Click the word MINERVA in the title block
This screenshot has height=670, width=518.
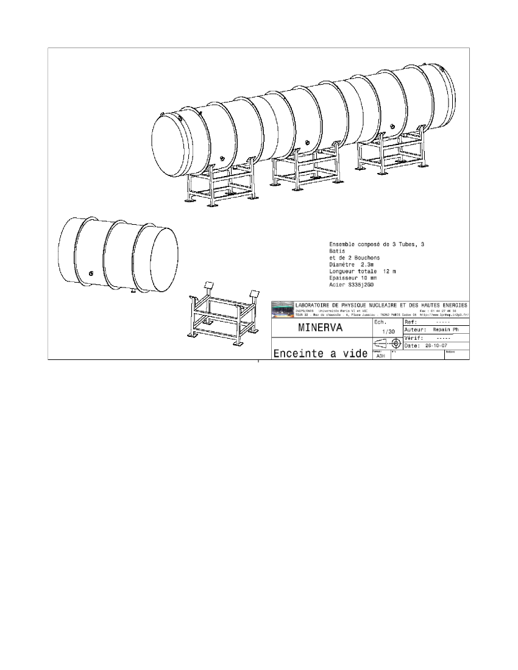tap(321, 327)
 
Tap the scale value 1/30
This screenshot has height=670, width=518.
tap(388, 331)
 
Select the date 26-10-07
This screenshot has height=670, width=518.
tap(436, 345)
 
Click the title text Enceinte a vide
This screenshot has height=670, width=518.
tap(320, 353)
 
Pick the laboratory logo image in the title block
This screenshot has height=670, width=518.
tap(282, 309)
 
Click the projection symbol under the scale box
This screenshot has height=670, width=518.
tap(387, 344)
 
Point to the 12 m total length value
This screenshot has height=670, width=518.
tap(389, 272)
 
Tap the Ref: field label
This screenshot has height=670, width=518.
tap(411, 322)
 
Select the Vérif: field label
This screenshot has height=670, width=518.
tap(413, 337)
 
